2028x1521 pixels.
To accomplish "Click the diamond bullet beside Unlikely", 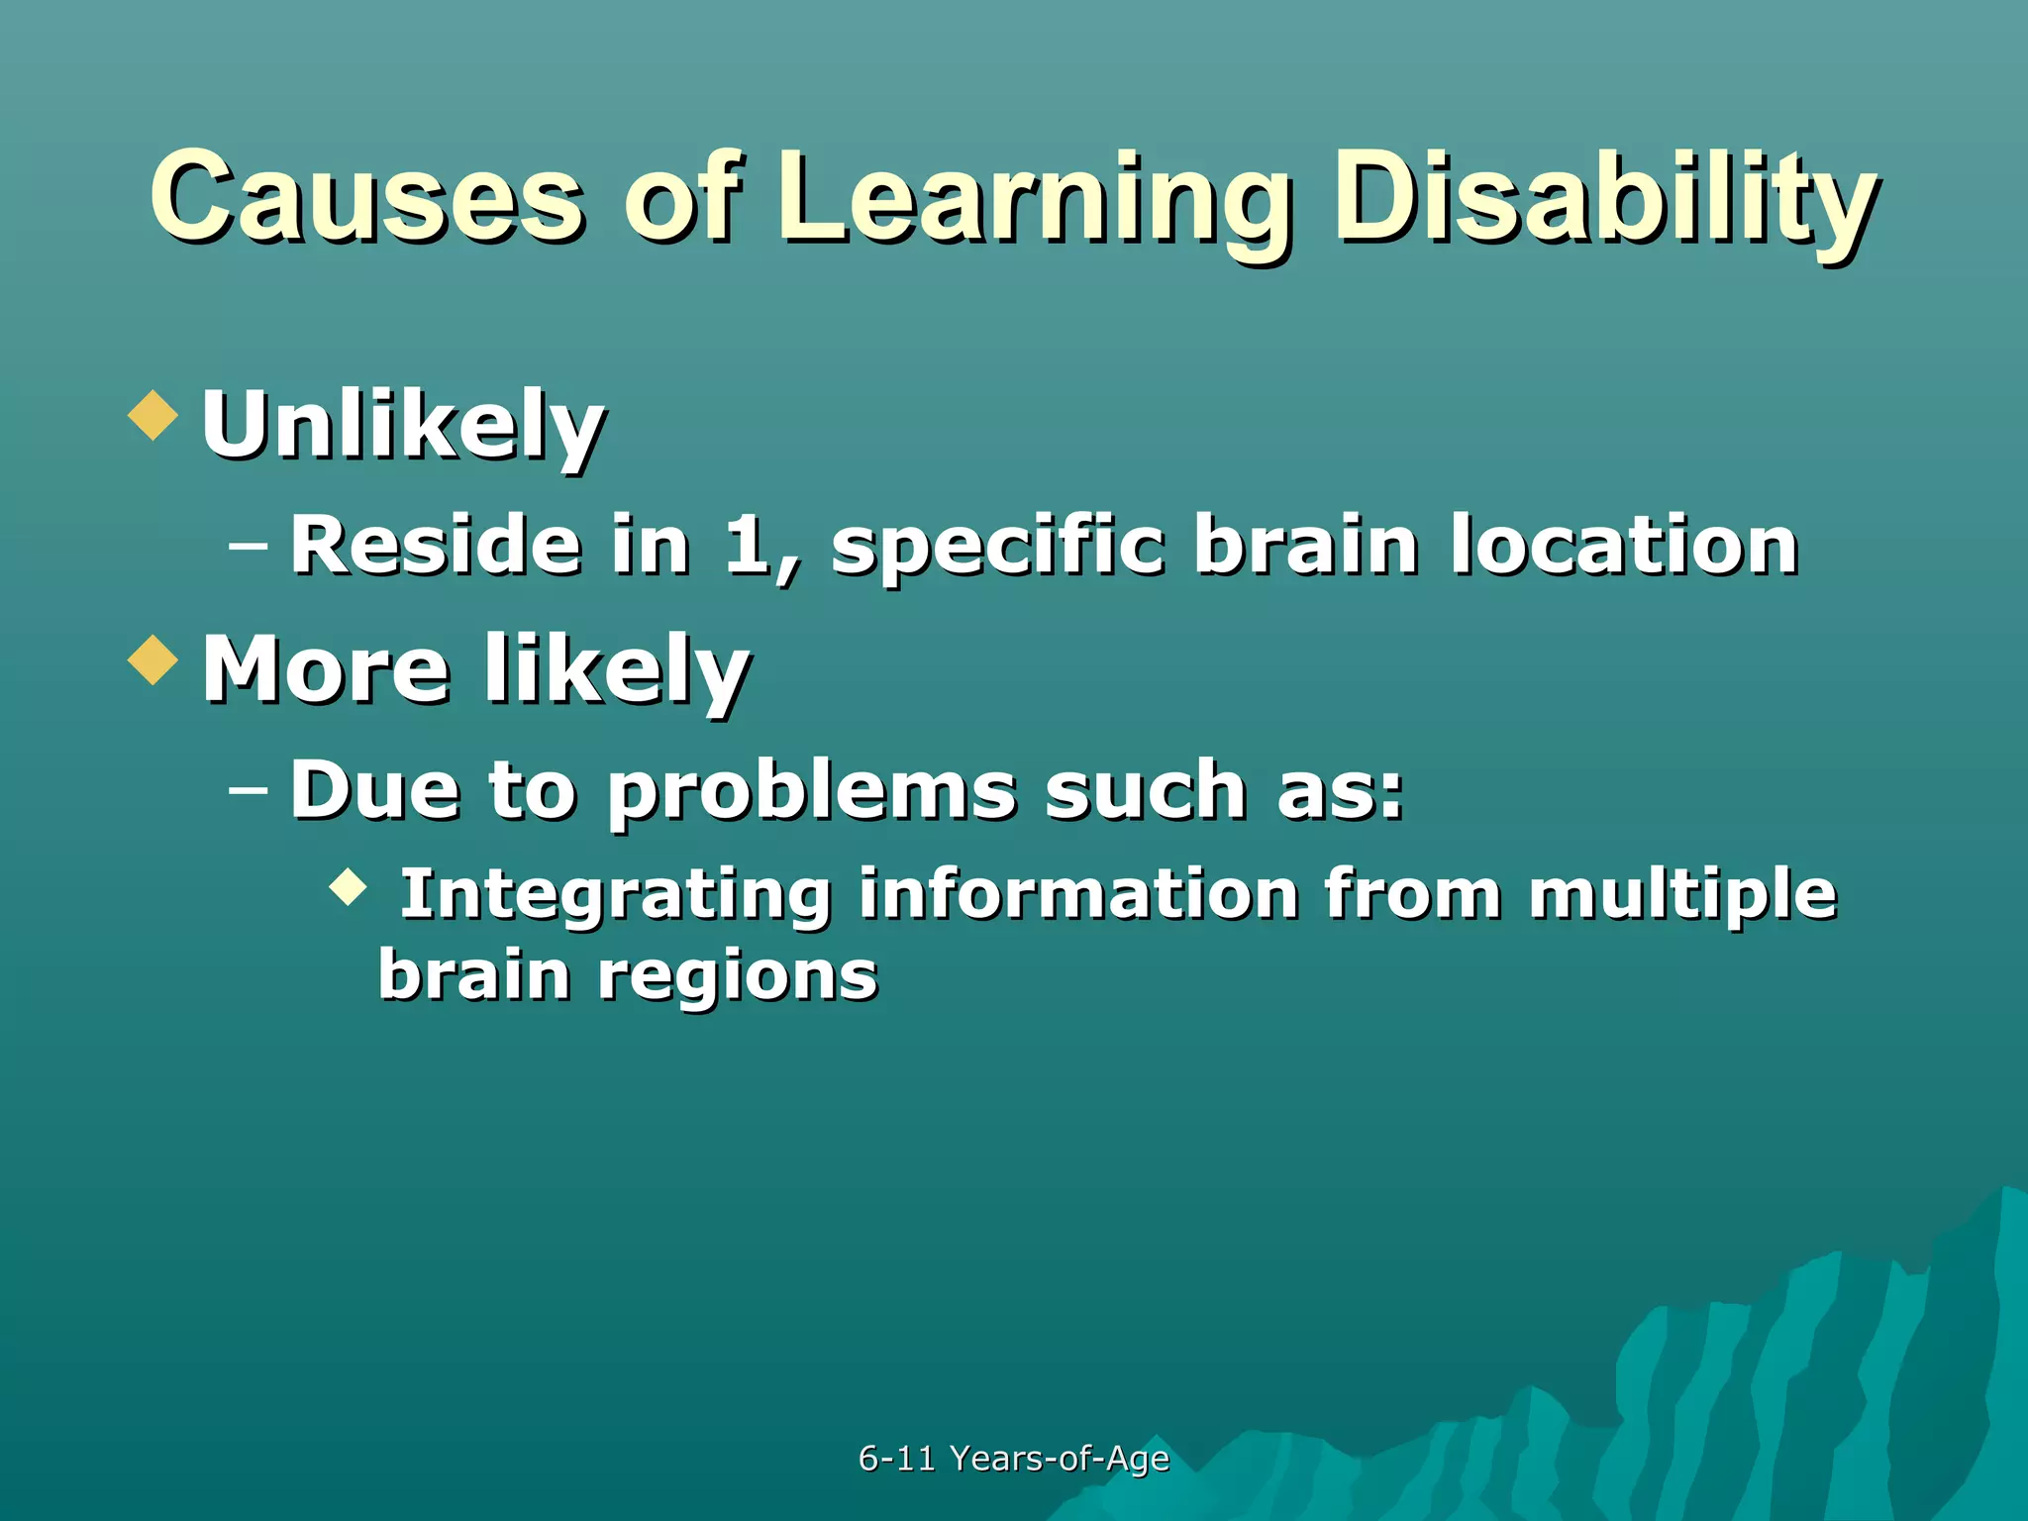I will click(153, 415).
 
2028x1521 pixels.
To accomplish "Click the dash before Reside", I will click(248, 546).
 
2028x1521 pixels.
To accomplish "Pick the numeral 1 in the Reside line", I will click(748, 544).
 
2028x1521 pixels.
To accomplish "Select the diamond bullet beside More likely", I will click(153, 659).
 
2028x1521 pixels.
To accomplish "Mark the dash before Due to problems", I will click(248, 790).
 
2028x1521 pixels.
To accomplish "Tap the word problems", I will click(812, 792).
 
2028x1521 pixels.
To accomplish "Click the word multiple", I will click(1682, 894).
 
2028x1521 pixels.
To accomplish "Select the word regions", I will click(738, 975).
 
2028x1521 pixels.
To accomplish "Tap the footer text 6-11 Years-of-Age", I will click(1013, 1459).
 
